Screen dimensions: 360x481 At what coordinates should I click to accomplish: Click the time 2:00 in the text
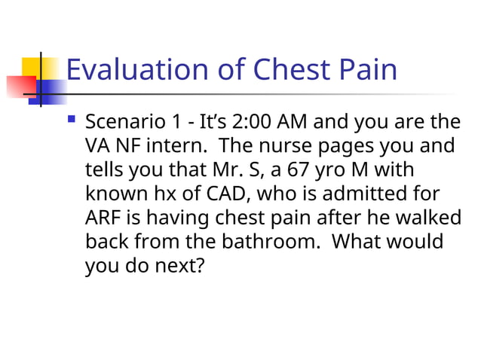(256, 121)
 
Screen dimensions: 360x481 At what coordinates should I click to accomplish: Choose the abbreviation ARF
(103, 218)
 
